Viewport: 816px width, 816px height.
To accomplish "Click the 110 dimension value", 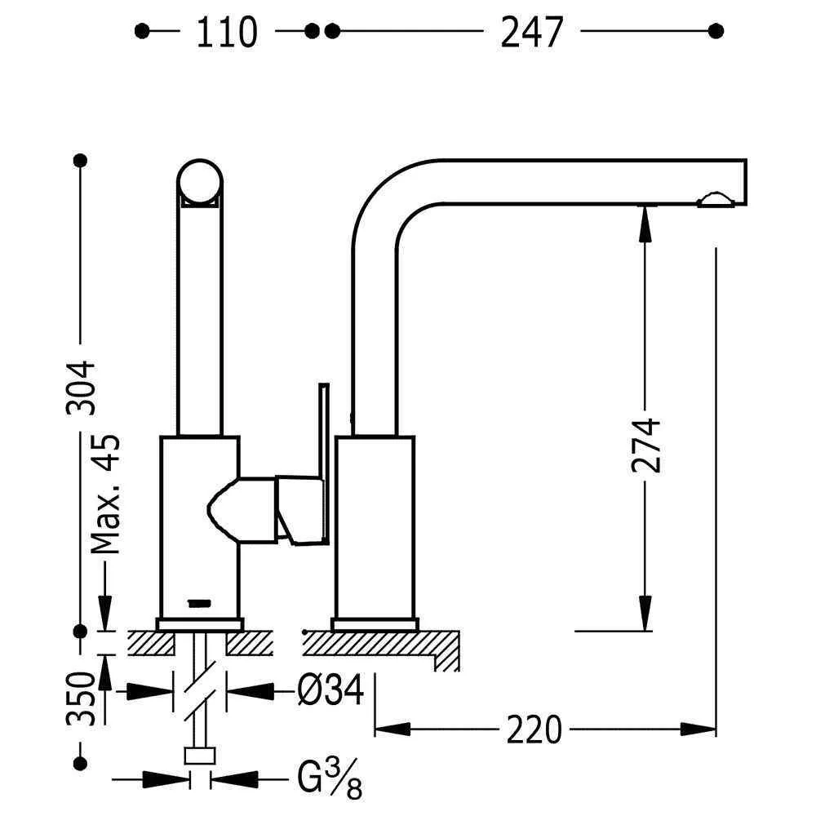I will (x=226, y=33).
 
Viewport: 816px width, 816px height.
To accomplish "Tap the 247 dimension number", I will (x=531, y=33).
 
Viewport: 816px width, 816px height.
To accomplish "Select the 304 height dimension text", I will (x=82, y=387).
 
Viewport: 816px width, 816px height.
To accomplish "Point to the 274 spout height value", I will (x=645, y=446).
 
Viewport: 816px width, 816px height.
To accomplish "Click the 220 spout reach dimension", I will (x=534, y=729).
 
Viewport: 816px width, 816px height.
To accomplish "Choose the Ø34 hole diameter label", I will (x=330, y=692).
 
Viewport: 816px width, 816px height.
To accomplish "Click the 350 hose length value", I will (x=82, y=699).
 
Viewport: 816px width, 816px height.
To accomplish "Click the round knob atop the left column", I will (x=199, y=180).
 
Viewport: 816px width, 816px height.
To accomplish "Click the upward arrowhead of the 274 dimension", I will (x=645, y=223).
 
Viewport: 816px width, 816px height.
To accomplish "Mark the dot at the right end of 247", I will (x=716, y=31).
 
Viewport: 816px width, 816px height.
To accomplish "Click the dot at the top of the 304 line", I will (x=80, y=160).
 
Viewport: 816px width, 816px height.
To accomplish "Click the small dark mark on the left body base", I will (x=199, y=602).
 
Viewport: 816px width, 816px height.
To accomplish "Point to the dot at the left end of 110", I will (x=142, y=31).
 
